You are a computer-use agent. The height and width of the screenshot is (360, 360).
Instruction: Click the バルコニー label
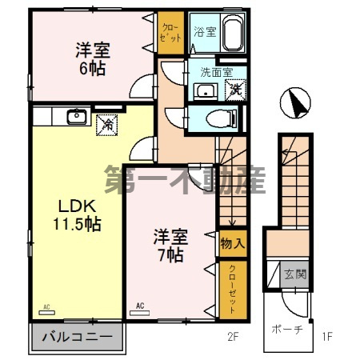coord(78,337)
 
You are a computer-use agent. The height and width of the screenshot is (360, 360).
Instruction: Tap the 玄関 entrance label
coord(295,274)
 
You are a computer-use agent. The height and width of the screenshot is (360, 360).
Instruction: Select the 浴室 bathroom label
coord(205,33)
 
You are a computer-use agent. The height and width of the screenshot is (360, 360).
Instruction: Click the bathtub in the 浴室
coord(232,34)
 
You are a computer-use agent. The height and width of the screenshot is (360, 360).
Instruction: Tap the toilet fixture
coord(220,118)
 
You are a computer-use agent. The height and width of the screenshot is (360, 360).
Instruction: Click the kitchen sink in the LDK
coord(78,117)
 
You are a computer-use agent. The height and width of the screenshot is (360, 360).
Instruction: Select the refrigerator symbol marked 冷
coord(106,123)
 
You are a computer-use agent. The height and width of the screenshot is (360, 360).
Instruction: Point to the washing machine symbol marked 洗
coord(236,89)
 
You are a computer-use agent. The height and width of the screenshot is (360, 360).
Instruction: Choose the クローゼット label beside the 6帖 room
coord(169,33)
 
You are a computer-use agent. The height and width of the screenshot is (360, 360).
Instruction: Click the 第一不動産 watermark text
coord(185,180)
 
